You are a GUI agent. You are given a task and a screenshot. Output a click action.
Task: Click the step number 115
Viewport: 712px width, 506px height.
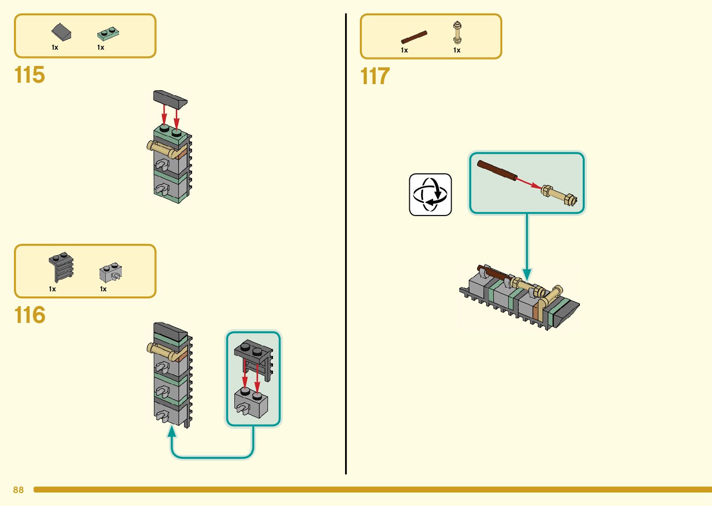click(30, 75)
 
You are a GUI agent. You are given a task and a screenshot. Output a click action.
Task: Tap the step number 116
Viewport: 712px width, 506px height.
click(30, 315)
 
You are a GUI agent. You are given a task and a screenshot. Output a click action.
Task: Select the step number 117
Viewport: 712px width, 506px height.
click(375, 76)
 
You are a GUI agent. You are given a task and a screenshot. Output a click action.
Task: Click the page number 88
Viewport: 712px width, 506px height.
click(18, 490)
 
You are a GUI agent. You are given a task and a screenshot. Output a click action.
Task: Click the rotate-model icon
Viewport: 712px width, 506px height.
click(430, 195)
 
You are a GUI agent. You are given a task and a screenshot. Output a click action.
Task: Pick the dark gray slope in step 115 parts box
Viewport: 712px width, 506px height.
click(61, 32)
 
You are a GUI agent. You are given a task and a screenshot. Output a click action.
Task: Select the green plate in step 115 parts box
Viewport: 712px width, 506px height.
click(108, 33)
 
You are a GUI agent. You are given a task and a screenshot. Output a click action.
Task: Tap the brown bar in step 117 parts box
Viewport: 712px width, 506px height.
click(414, 37)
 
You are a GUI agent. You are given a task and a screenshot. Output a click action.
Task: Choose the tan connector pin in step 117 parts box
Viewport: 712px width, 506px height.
click(457, 33)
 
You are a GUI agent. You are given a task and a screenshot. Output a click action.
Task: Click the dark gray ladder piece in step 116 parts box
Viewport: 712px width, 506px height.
click(61, 267)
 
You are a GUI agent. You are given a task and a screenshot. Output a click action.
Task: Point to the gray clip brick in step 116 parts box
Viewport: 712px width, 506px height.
click(111, 273)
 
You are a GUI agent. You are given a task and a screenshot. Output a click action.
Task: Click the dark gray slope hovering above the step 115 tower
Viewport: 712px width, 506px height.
click(170, 98)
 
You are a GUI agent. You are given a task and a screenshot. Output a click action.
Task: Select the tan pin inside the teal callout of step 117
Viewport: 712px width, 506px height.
click(559, 195)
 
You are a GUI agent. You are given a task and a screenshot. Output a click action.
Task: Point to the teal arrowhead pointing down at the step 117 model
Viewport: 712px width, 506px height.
click(527, 274)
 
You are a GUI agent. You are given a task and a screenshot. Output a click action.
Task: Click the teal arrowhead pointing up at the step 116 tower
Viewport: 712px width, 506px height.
click(172, 432)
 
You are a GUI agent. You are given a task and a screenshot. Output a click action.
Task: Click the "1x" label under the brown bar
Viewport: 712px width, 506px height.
click(404, 50)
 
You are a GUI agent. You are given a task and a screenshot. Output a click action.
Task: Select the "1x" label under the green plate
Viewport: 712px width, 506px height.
click(100, 47)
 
